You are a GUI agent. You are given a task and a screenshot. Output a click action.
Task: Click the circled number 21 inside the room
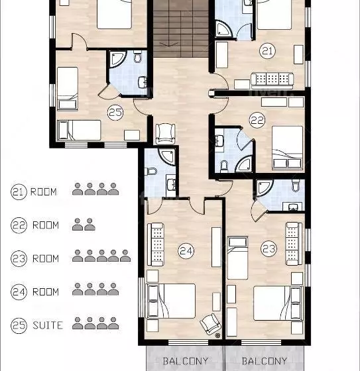coord(267,50)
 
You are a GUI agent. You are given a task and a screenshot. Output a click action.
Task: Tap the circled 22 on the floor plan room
coord(257,120)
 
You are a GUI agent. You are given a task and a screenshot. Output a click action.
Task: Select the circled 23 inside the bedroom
coord(269,248)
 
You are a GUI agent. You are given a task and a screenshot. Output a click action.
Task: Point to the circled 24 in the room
coord(186,251)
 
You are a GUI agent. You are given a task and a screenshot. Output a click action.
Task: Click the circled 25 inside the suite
coord(115,113)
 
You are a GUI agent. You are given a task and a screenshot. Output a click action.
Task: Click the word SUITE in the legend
coord(48,325)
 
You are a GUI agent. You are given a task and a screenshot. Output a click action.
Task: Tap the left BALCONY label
coord(186,361)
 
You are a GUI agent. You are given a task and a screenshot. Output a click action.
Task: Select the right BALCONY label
coord(265,361)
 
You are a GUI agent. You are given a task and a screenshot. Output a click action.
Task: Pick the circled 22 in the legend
coord(19,225)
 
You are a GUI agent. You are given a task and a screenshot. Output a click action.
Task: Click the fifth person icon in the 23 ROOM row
coord(125,256)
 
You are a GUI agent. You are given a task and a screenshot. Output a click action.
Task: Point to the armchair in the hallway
coord(165,134)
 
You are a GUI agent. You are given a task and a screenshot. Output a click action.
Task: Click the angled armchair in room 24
coord(211,324)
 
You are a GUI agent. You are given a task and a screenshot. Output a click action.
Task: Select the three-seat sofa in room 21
coord(272,80)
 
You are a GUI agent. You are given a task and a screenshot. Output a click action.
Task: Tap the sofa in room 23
coord(294,243)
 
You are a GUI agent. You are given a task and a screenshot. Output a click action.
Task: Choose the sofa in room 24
coord(156,244)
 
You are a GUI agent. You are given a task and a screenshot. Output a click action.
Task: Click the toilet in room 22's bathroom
coord(224,166)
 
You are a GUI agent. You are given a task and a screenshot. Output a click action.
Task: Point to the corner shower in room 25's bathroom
coord(118,59)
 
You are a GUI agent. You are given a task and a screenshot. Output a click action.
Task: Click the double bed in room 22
coord(287,148)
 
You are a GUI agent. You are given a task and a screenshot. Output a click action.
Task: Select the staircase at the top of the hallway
coord(181,28)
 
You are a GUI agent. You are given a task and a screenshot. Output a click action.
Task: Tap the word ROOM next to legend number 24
coord(46,292)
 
